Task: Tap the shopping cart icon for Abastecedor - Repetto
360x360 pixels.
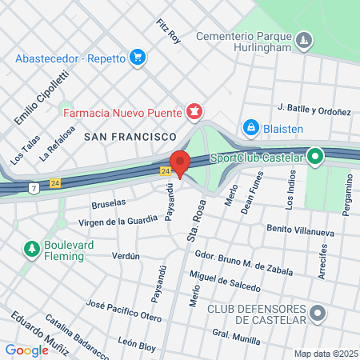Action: point(138,57)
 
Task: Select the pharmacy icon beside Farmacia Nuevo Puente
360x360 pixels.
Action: point(193,110)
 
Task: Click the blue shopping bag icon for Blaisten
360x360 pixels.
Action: point(250,127)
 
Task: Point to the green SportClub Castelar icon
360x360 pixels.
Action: point(315,157)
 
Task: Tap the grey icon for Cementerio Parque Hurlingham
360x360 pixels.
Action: point(303,39)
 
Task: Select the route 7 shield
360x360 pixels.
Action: point(34,188)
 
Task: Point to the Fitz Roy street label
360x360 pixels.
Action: point(170,30)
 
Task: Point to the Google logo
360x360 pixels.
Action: point(27,350)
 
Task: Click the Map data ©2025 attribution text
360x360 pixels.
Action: point(324,354)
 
